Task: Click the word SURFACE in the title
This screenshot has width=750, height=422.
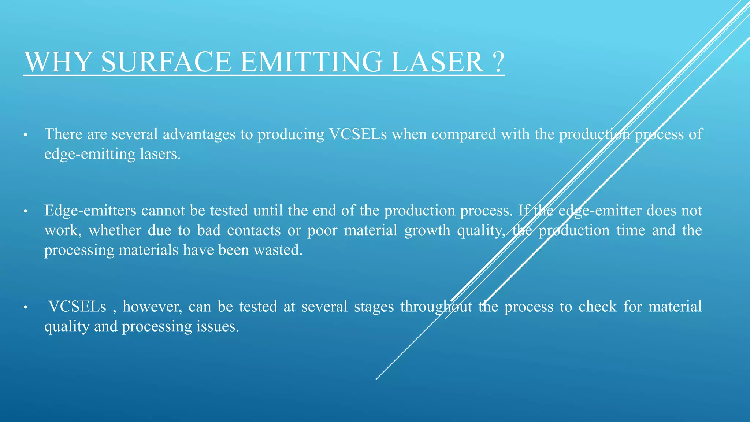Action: click(166, 62)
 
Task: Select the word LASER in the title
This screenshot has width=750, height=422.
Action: click(437, 62)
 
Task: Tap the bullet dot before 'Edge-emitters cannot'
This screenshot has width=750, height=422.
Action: click(25, 212)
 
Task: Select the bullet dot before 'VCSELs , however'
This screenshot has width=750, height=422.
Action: click(25, 307)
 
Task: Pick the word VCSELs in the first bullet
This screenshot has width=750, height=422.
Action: click(358, 134)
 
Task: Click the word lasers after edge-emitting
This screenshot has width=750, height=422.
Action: click(160, 154)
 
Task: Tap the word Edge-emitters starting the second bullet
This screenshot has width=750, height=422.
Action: click(90, 211)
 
